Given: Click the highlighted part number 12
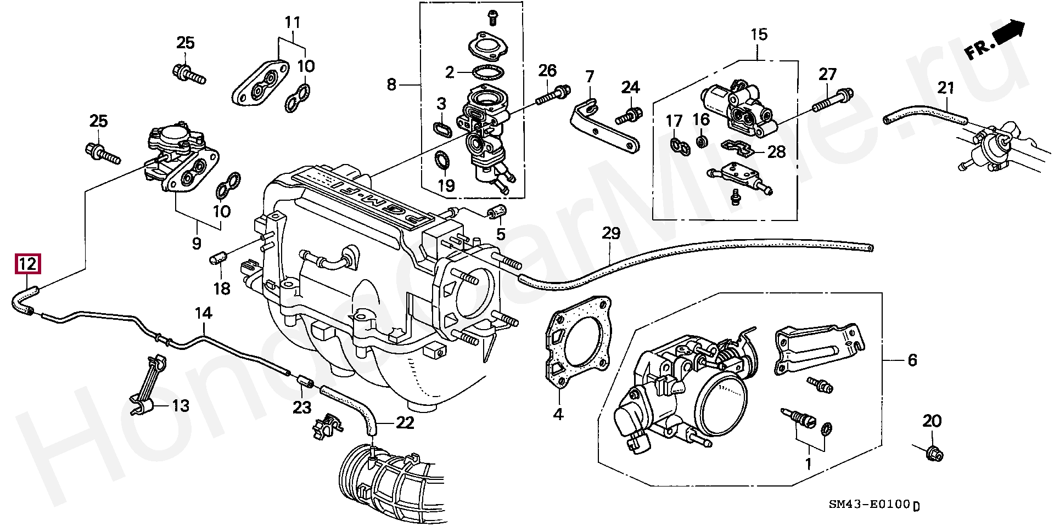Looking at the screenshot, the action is tap(27, 264).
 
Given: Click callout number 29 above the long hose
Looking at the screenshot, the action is tap(611, 233).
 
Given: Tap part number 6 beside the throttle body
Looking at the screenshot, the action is tap(912, 360).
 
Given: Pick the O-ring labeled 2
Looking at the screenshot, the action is tap(488, 71).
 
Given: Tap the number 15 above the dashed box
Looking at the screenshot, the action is tap(759, 35).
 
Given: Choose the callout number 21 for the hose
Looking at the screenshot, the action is tap(945, 87).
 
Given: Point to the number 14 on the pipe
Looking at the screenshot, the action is tap(203, 313).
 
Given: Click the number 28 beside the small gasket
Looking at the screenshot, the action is tap(776, 151).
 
